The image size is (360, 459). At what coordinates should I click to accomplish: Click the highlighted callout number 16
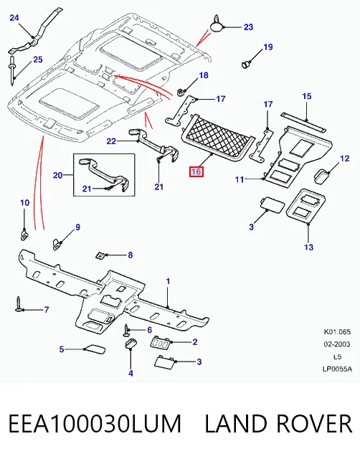[x=196, y=171]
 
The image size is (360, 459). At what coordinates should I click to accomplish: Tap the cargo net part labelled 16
[x=218, y=138]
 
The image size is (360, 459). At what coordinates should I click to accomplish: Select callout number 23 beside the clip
[x=248, y=27]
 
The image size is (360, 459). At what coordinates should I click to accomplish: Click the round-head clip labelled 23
[x=217, y=24]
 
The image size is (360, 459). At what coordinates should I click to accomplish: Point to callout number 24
[x=14, y=18]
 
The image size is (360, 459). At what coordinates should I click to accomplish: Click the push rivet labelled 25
[x=12, y=70]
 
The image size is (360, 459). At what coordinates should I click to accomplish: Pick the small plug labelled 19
[x=247, y=64]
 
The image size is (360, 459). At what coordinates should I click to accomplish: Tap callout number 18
[x=204, y=75]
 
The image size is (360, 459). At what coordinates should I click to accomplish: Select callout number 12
[x=345, y=158]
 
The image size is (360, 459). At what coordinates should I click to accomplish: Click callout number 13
[x=308, y=247]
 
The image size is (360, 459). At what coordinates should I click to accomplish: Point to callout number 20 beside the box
[x=57, y=175]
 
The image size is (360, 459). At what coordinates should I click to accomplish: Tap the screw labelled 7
[x=19, y=304]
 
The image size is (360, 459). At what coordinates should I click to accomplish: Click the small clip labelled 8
[x=100, y=255]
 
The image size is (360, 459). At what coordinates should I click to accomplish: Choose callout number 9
[x=77, y=227]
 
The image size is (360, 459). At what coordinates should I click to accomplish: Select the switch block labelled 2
[x=161, y=341]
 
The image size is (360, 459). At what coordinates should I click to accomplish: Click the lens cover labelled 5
[x=94, y=349]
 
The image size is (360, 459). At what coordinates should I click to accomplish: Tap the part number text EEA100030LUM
[x=95, y=424]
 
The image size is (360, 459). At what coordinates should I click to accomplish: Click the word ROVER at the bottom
[x=313, y=424]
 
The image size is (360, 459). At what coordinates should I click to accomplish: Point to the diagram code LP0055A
[x=337, y=369]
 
